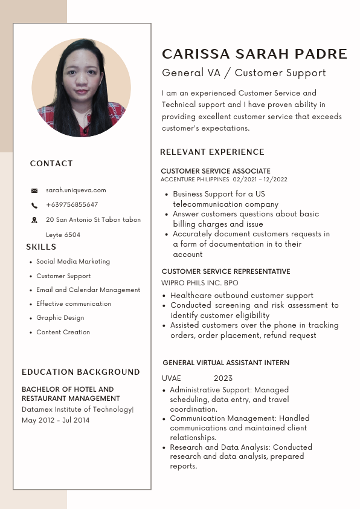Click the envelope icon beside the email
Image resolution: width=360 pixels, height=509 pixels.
34,190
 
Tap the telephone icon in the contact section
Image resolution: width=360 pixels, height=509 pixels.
34,206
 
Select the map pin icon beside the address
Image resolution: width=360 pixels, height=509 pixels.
34,220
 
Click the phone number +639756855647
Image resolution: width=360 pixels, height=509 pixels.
72,205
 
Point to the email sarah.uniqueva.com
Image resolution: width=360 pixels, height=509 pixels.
76,190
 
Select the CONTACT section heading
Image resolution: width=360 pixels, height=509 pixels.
51,164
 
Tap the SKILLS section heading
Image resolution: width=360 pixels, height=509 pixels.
41,247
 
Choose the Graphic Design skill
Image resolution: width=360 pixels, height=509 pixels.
60,318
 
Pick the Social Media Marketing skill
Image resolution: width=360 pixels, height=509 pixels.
73,262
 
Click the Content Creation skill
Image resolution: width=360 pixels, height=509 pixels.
63,332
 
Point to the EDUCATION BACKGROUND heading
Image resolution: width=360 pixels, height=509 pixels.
81,372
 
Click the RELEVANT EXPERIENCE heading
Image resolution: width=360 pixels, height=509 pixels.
212,152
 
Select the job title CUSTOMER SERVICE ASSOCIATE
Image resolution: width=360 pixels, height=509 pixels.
216,172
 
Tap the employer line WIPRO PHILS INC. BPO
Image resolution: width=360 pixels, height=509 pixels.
200,283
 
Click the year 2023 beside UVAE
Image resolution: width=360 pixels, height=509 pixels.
223,378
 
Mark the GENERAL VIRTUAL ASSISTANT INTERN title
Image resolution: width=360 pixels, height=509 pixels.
226,363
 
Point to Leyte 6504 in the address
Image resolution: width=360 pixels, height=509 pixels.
63,235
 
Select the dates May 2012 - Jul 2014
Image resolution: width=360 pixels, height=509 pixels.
56,420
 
